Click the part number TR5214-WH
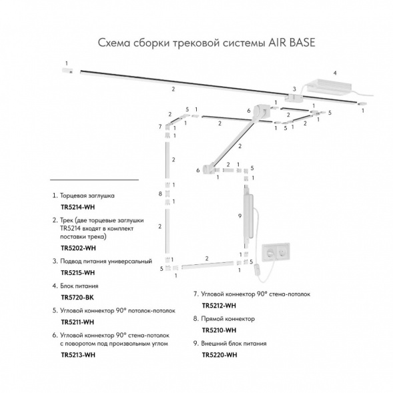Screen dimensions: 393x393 [x=77, y=208]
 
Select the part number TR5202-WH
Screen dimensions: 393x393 [x=78, y=248]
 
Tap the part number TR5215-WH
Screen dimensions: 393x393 [x=77, y=273]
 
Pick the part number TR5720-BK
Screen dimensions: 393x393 [x=77, y=298]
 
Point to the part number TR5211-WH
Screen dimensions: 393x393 [x=77, y=322]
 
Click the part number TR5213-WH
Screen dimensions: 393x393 [x=78, y=355]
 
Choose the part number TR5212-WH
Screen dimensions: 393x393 [x=219, y=306]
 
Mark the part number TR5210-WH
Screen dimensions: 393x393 [x=219, y=330]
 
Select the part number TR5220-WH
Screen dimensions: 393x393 [x=220, y=355]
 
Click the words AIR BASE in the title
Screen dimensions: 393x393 [x=292, y=43]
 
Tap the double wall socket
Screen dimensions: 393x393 [x=276, y=253]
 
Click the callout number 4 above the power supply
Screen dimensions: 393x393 [x=335, y=73]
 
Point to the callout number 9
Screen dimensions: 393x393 [x=240, y=216]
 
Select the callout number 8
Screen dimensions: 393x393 [x=160, y=193]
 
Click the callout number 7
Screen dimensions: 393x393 [x=160, y=127]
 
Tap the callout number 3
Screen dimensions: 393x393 [x=294, y=89]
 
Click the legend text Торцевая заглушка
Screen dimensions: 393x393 [x=87, y=195]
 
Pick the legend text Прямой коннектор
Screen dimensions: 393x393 [x=228, y=319]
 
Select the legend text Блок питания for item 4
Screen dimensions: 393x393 [x=79, y=286]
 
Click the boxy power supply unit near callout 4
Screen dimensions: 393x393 [x=329, y=87]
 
